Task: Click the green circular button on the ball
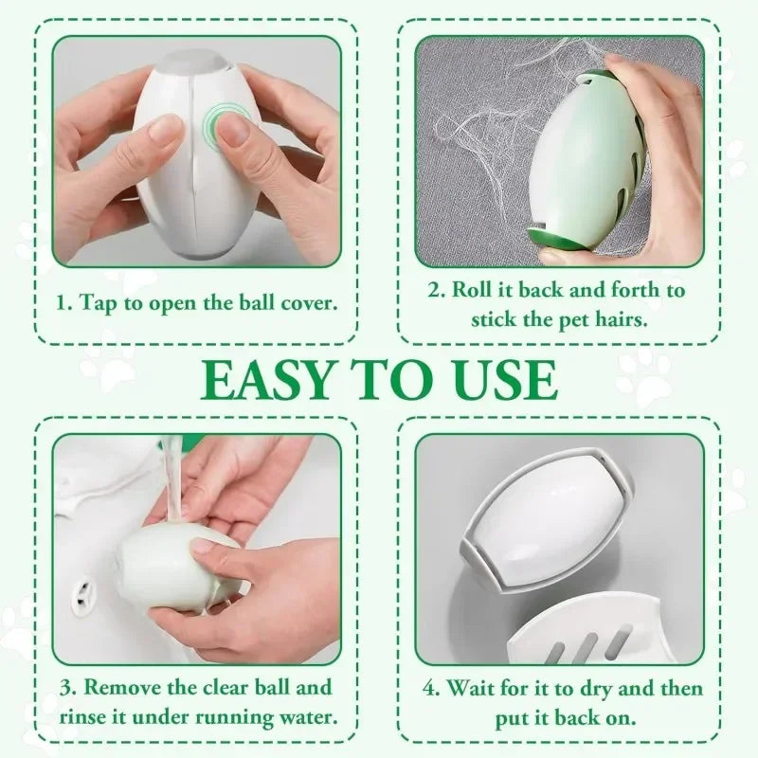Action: coord(226,127)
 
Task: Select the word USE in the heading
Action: coord(500,379)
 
